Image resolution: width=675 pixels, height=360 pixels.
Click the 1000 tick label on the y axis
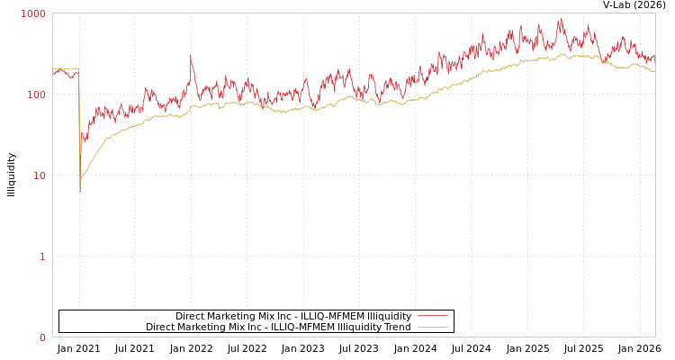tap(34, 14)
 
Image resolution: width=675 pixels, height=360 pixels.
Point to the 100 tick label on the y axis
tap(36, 95)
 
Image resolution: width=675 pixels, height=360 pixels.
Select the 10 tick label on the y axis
tap(39, 176)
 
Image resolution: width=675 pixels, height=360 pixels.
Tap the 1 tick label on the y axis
tap(41, 257)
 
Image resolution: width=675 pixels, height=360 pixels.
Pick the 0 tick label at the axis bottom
tap(41, 338)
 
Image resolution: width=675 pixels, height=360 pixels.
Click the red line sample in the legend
tap(433, 317)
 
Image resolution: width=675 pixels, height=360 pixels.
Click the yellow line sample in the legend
tap(433, 328)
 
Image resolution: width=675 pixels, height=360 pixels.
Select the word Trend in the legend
tap(396, 328)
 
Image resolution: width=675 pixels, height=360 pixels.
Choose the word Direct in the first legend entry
tap(190, 317)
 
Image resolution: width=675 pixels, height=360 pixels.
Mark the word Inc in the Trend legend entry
tap(238, 328)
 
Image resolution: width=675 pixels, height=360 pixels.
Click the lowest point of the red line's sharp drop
tap(79, 192)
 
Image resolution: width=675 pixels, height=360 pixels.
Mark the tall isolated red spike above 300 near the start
tap(191, 55)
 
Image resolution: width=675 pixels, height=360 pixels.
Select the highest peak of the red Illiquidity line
tap(561, 18)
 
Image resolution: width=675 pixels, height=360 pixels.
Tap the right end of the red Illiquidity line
tap(654, 56)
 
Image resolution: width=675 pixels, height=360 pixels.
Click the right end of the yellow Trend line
tap(654, 71)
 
